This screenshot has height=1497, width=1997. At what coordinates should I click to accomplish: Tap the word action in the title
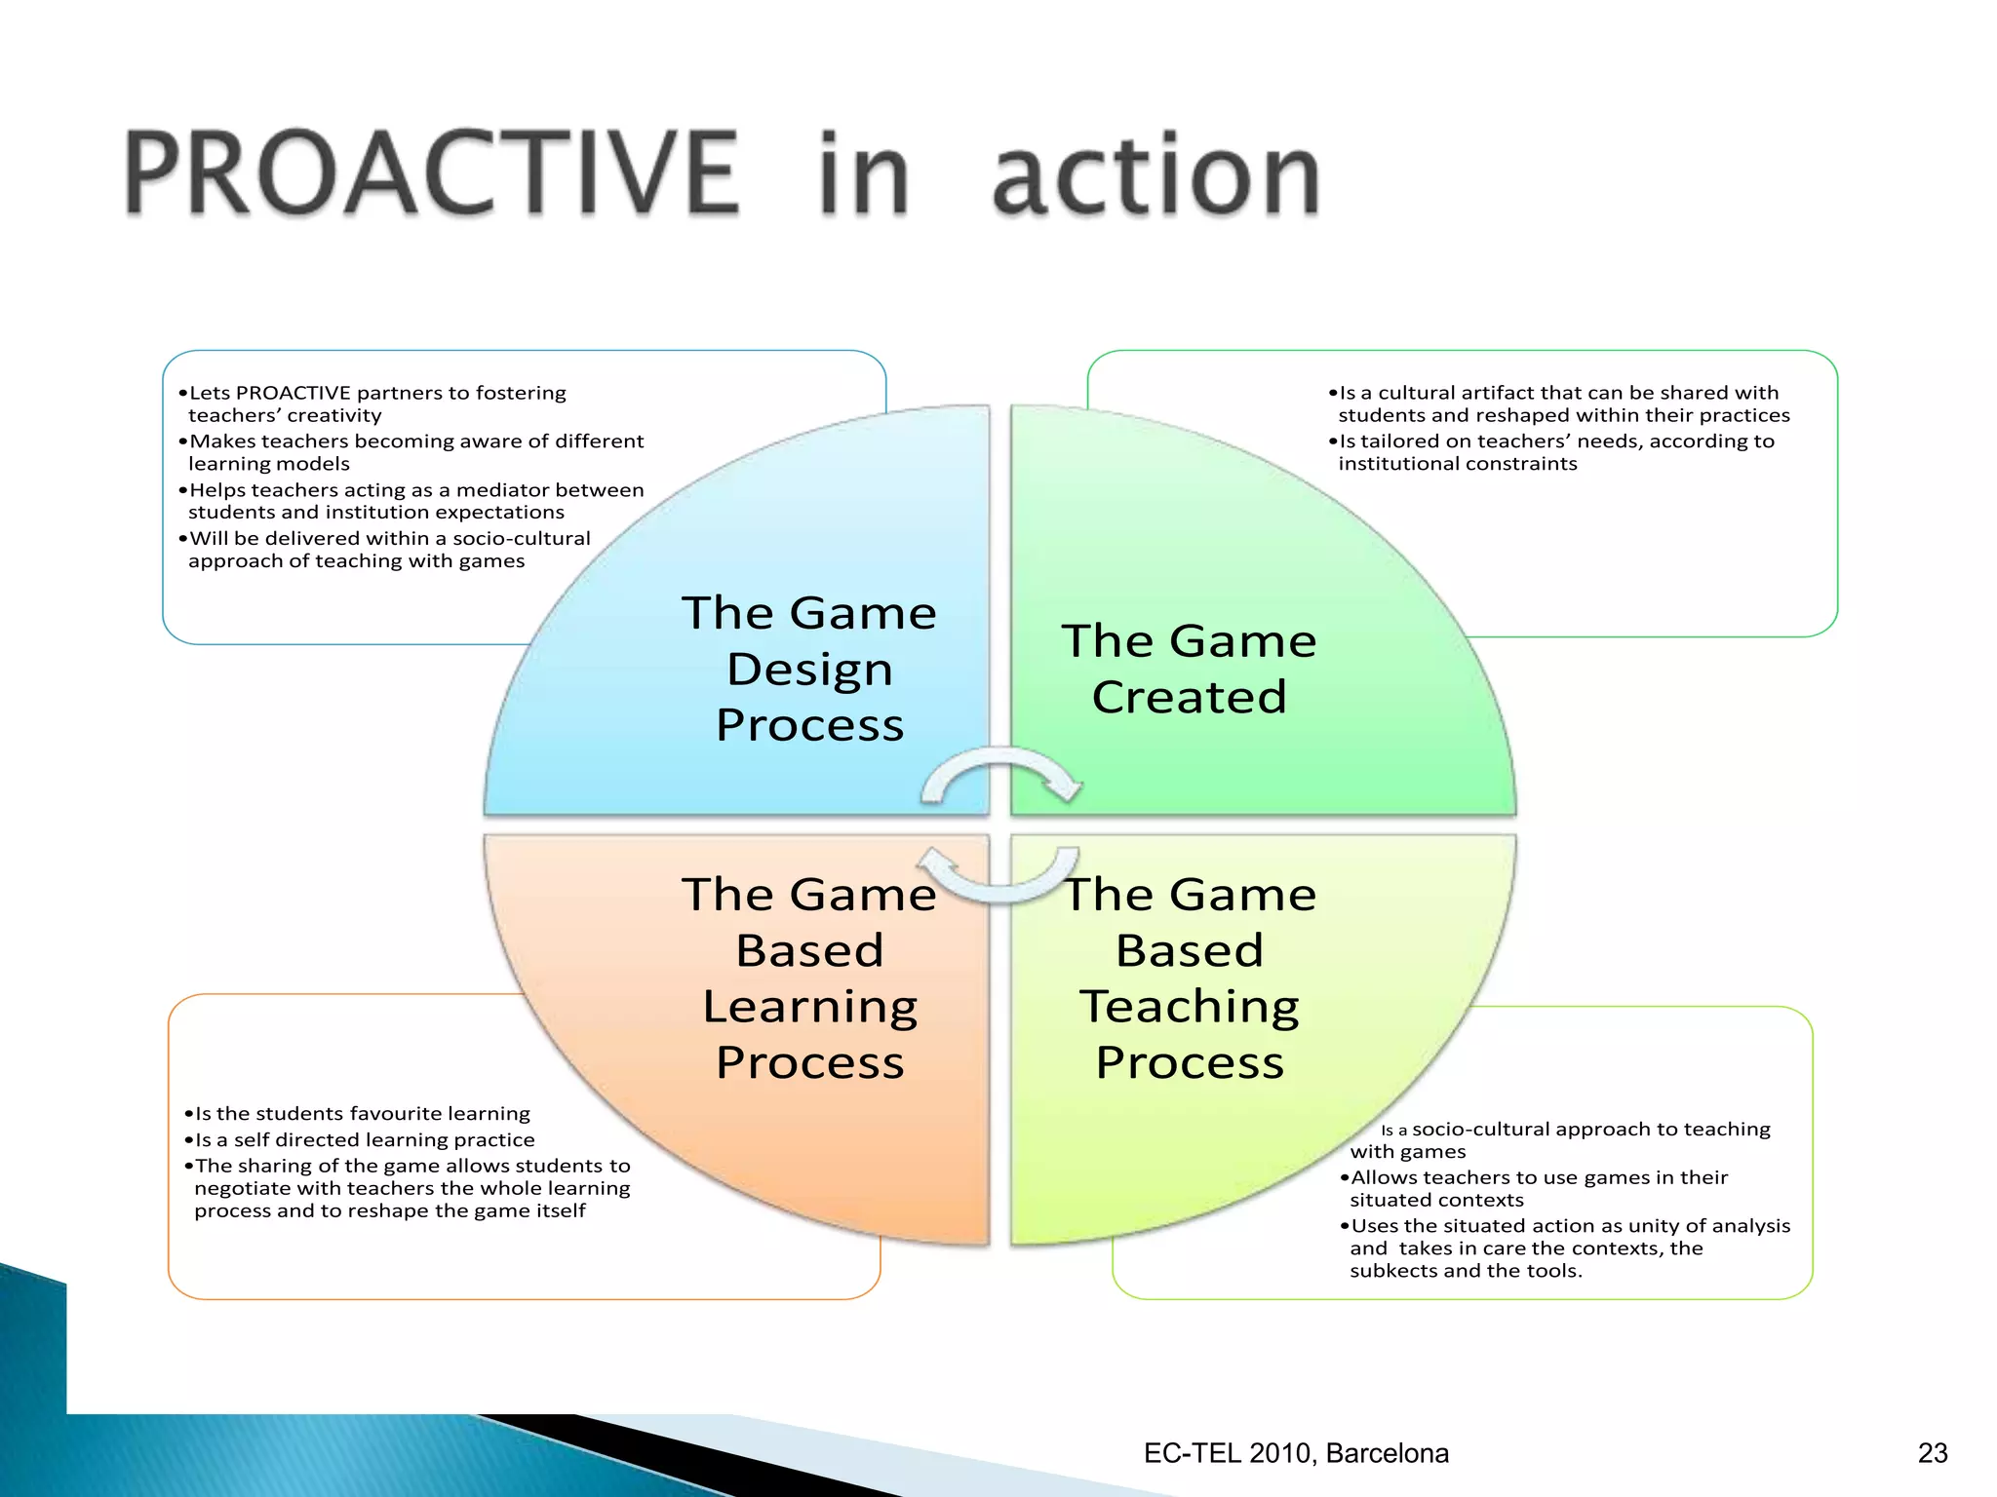tap(1155, 175)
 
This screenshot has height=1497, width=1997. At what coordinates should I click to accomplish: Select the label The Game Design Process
tap(808, 669)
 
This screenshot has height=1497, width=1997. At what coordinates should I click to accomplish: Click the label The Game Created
tap(1189, 669)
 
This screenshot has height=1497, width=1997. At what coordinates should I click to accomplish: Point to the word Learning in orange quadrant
tap(809, 1006)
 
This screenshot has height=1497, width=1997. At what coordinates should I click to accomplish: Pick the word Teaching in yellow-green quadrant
tap(1189, 1006)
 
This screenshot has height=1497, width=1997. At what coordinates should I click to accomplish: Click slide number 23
tap(1932, 1453)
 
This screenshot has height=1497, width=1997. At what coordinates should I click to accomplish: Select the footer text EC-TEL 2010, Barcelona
tap(1296, 1453)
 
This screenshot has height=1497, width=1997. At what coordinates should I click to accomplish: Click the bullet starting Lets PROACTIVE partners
tap(376, 403)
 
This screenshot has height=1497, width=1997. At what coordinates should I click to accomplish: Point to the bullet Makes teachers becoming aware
tap(414, 452)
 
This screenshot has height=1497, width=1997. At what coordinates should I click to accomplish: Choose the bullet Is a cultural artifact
tap(1560, 403)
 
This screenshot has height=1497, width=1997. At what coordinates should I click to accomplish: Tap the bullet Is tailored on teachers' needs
tap(1555, 452)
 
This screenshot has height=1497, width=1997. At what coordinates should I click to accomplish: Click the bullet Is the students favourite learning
tap(361, 1113)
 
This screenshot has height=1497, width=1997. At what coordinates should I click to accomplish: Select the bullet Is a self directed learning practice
tap(364, 1139)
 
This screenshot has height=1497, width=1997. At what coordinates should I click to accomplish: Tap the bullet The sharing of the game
tap(411, 1188)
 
